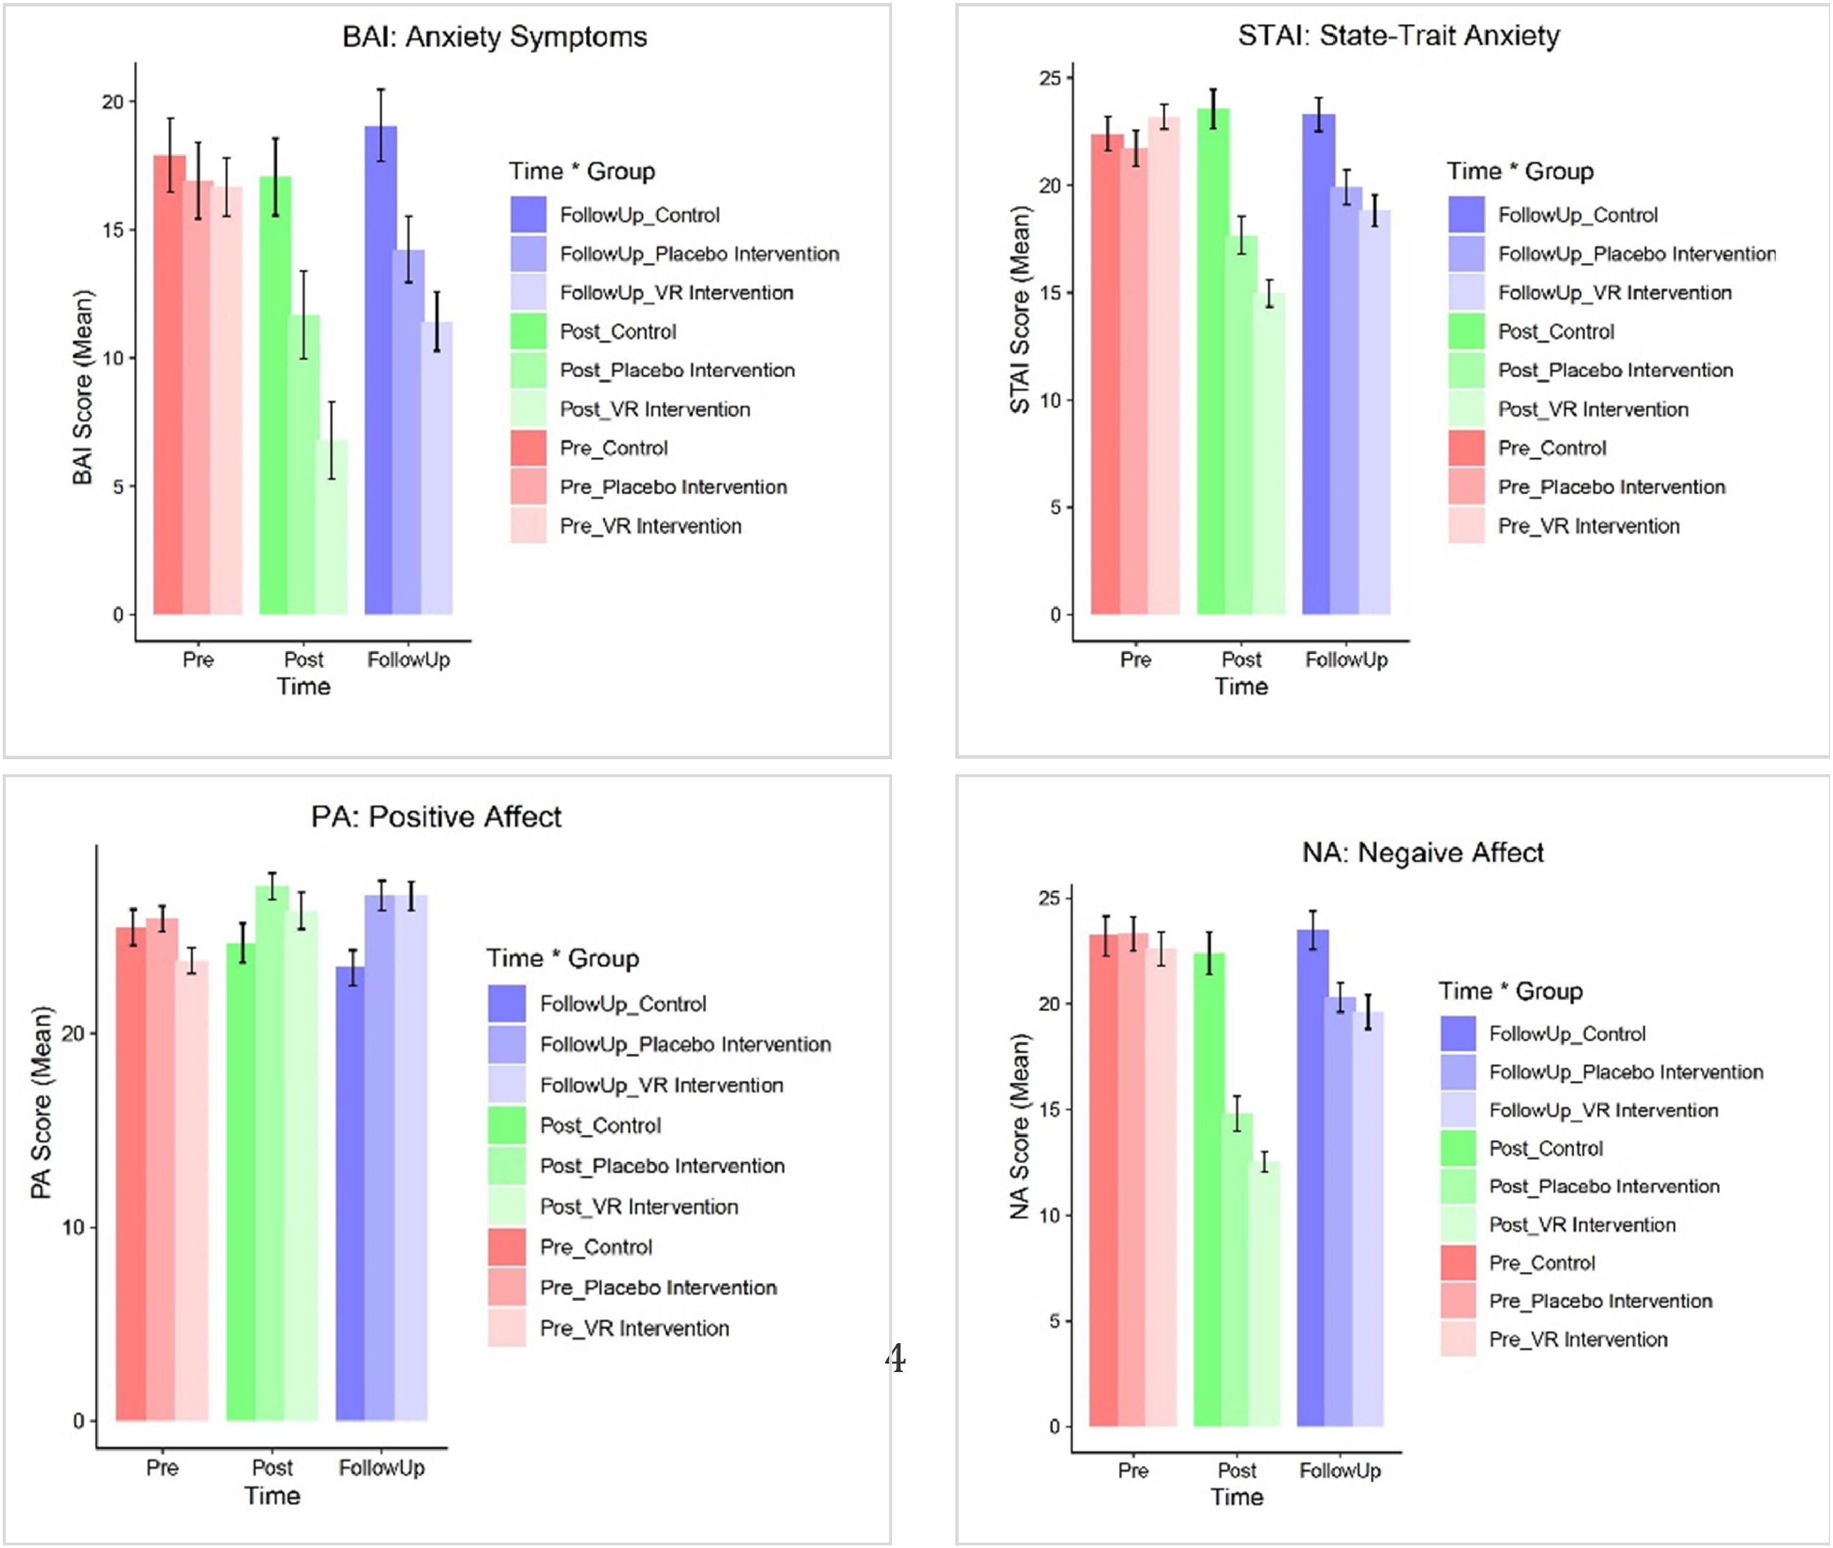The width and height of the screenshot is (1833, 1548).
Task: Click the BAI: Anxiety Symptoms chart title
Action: coord(494,37)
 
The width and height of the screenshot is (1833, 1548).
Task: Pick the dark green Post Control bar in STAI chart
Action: coord(1212,360)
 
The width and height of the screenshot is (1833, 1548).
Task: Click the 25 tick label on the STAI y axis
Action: coord(1050,78)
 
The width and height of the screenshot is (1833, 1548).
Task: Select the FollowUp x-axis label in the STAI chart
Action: coord(1346,659)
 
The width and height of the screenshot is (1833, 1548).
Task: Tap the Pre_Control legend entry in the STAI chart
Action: coord(1551,448)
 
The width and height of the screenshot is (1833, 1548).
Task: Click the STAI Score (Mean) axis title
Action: coord(1019,309)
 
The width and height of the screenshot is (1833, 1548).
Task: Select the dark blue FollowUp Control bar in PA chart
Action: coord(350,1194)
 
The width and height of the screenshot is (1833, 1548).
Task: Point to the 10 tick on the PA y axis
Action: coord(74,1227)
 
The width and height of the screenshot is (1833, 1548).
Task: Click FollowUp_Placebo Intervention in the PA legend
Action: coord(685,1044)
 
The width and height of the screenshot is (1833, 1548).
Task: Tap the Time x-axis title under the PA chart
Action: coord(272,1496)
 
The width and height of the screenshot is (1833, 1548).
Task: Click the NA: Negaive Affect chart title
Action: coord(1422,852)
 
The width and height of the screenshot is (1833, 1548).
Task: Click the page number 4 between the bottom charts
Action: coord(894,1358)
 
